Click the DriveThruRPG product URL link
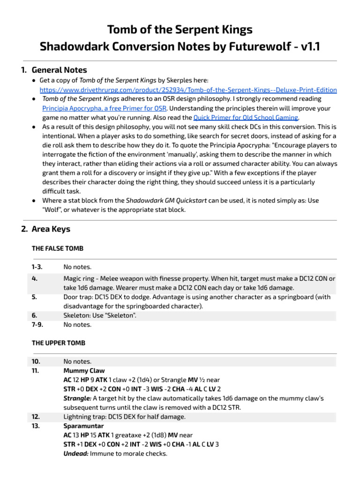pos(188,90)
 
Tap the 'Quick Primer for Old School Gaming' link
pos(246,118)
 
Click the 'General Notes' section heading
pos(59,70)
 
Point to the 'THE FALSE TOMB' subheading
pos(58,248)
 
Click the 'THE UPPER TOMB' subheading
pos(59,343)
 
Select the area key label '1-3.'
pos(37,267)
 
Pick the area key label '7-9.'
pos(37,324)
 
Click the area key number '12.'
pos(36,417)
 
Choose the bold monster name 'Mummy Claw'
pos(82,371)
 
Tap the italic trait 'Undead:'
pos(75,454)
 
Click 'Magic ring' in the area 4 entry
pos(79,278)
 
